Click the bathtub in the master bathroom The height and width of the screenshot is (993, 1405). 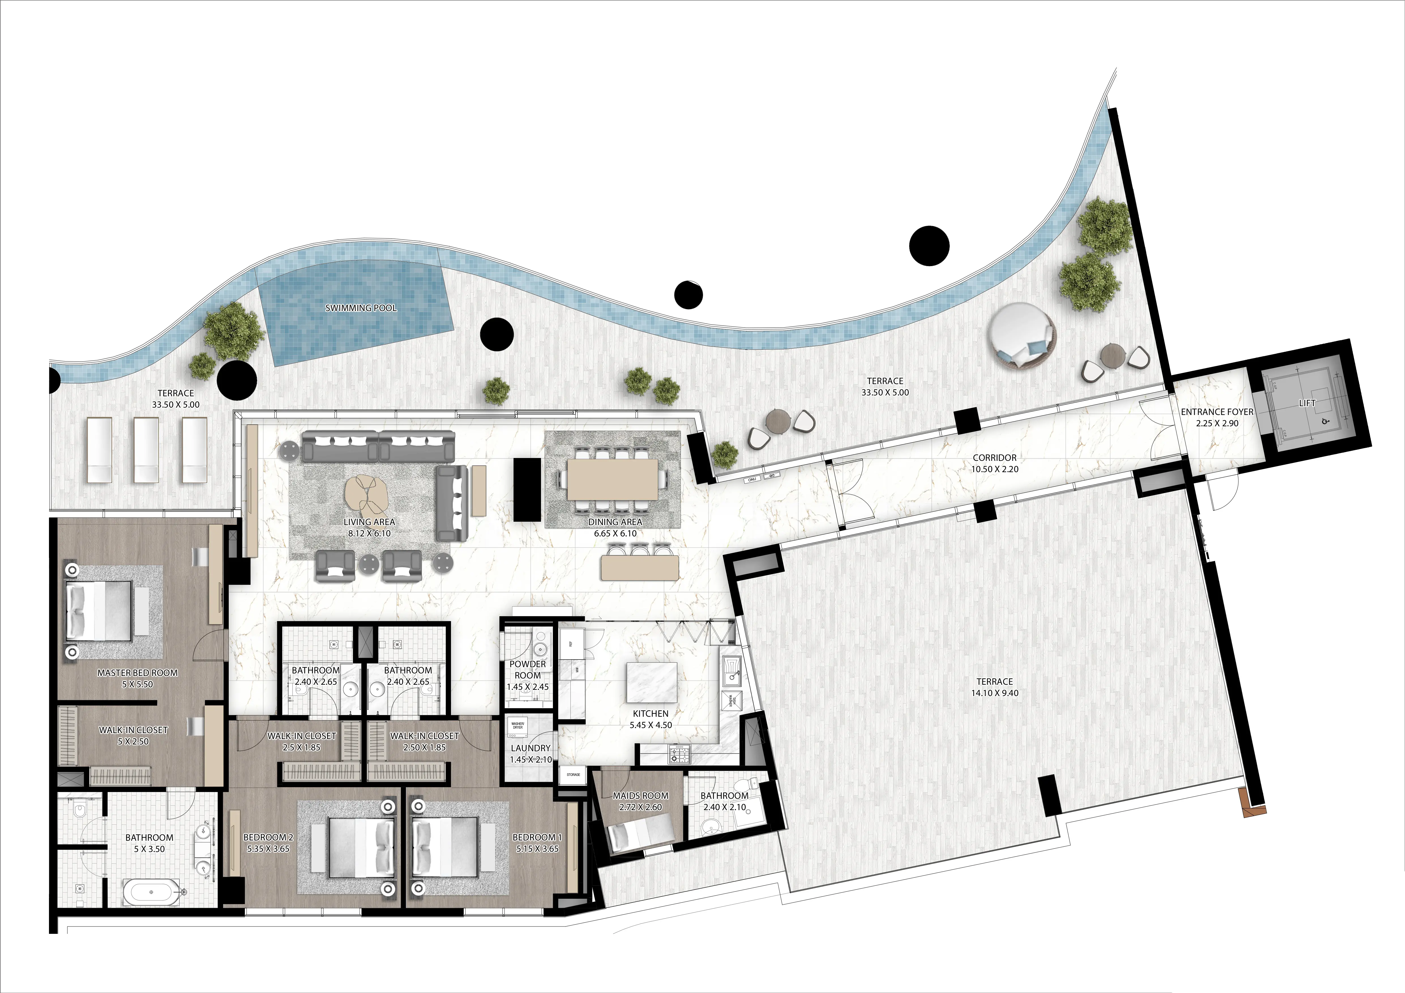[152, 892]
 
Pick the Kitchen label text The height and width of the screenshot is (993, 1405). [651, 713]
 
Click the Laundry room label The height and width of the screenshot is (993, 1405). [531, 748]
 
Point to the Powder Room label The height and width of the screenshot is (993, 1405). [527, 669]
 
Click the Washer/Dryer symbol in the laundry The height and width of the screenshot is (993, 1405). [518, 726]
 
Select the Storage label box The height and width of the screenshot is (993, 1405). [573, 774]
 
